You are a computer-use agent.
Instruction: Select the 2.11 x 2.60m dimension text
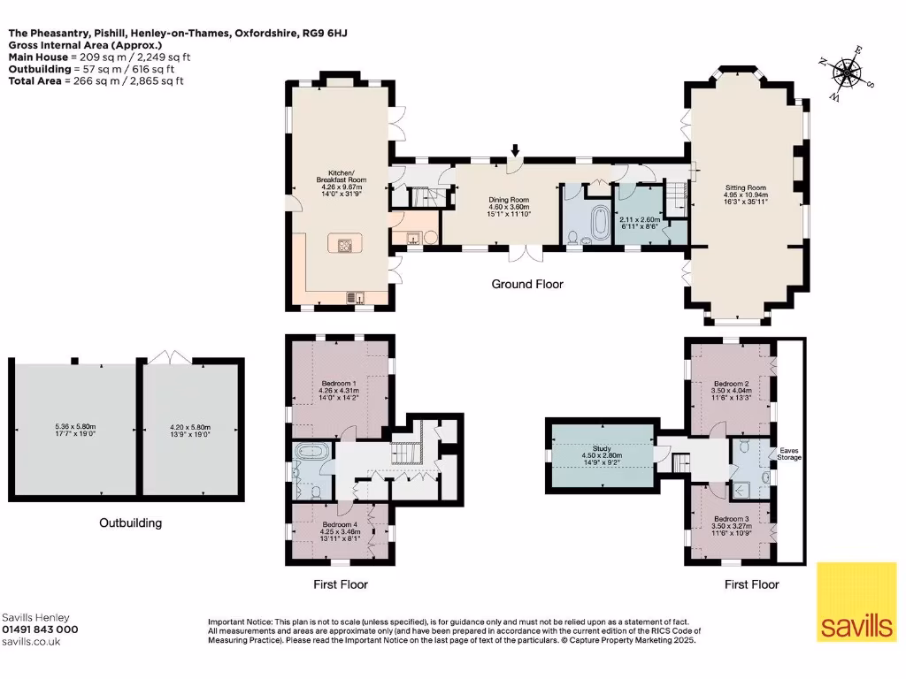click(x=640, y=220)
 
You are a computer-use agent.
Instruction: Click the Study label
click(x=596, y=450)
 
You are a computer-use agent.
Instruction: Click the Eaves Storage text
click(x=789, y=454)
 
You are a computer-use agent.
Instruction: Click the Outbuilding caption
click(x=130, y=523)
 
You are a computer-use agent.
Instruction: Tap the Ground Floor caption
click(x=527, y=284)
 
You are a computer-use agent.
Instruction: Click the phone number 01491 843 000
click(x=40, y=629)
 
